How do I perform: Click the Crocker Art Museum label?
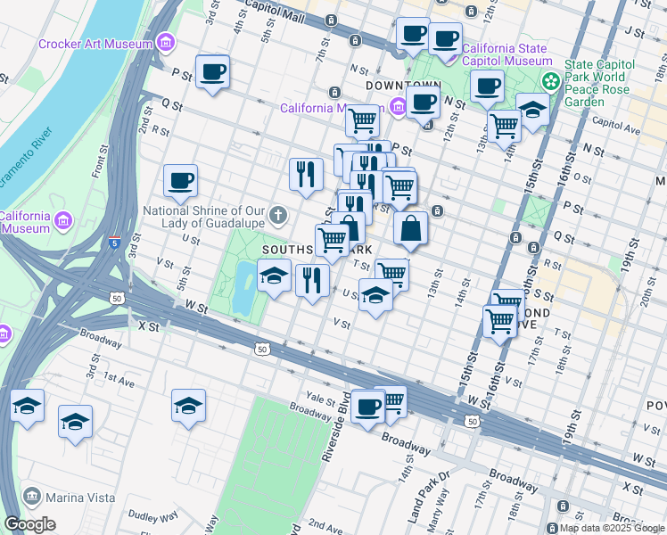(95, 44)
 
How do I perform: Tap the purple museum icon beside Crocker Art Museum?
(164, 43)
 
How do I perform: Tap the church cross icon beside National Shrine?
(279, 214)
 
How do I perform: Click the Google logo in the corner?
(29, 524)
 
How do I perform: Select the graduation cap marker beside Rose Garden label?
(532, 111)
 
